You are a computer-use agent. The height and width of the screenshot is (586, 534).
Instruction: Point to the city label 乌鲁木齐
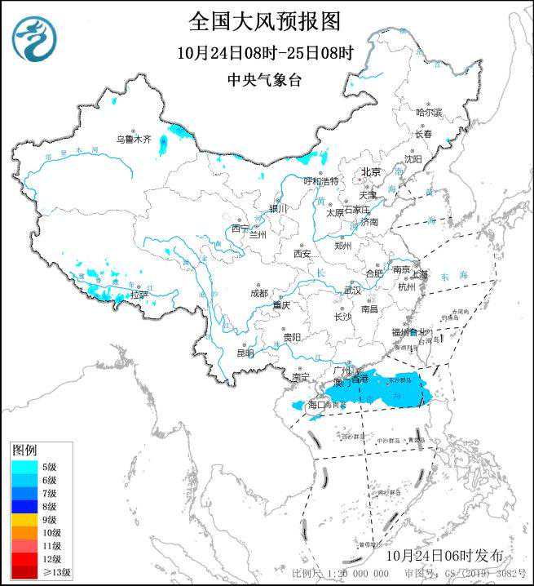[x=133, y=140]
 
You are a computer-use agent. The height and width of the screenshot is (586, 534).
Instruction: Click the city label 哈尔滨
[x=428, y=112]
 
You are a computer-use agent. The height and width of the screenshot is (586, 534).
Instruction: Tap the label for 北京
[x=371, y=172]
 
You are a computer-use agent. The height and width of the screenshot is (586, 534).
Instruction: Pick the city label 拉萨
[x=139, y=295]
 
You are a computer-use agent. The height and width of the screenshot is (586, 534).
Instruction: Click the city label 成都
[x=258, y=293]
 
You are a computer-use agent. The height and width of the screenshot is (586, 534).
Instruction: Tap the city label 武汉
[x=352, y=290]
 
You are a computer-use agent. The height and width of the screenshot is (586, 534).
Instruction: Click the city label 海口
[x=317, y=405]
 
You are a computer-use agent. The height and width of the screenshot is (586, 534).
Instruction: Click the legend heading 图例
[x=24, y=451]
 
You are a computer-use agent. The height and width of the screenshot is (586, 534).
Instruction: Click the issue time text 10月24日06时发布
[x=447, y=555]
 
